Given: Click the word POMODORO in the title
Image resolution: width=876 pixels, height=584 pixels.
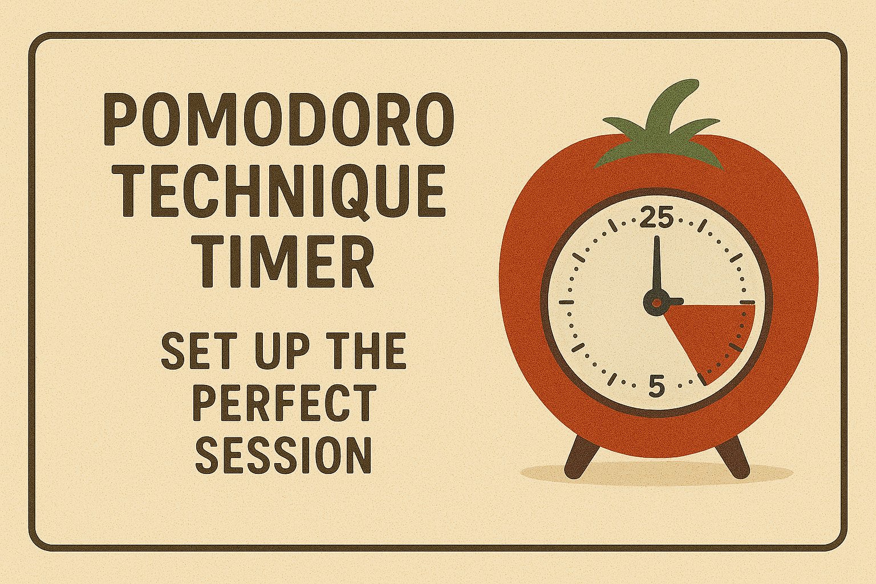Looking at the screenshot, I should point(278,120).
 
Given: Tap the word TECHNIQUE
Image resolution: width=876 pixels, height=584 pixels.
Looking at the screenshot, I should point(283,190).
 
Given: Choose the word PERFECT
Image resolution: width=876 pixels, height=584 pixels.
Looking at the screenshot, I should point(283,403).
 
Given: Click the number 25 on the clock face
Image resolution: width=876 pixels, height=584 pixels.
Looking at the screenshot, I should point(657,218).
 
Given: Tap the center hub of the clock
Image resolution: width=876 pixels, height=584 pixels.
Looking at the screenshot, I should point(656,302).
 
